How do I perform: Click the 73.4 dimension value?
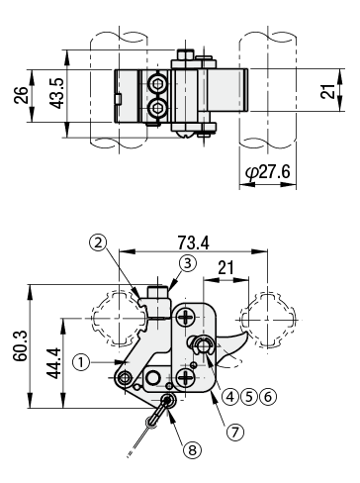point(193,242)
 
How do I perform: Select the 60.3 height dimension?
point(21,345)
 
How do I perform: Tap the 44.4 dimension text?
point(53,363)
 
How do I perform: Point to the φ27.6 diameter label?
point(268,172)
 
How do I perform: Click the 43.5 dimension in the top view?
point(56,93)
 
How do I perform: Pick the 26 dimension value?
point(22,95)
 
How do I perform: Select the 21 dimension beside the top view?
point(328,91)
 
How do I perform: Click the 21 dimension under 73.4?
point(225,267)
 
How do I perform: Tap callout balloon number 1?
point(81,362)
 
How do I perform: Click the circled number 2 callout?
point(98,243)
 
